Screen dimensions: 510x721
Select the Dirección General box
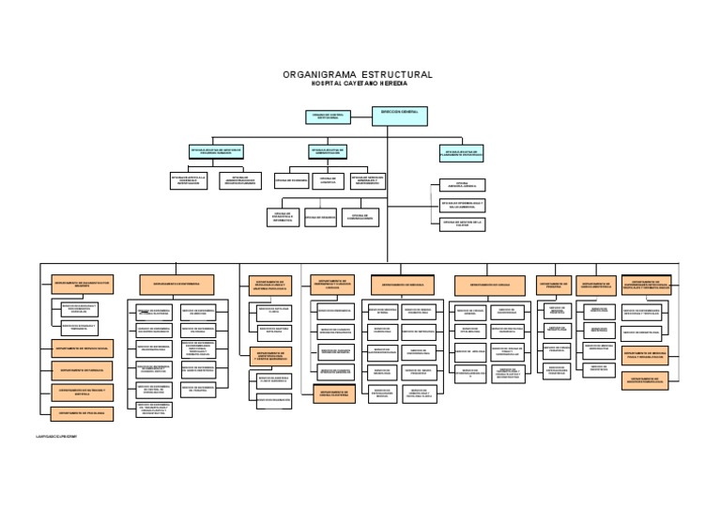(x=397, y=116)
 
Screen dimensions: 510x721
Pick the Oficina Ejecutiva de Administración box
(x=329, y=150)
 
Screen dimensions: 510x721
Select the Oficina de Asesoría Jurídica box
(x=462, y=185)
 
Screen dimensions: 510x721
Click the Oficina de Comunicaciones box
(x=360, y=217)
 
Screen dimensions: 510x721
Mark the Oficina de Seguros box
(x=320, y=217)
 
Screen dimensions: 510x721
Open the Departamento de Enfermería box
(x=177, y=283)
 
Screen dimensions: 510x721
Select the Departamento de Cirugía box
(x=489, y=283)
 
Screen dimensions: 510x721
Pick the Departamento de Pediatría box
(x=553, y=283)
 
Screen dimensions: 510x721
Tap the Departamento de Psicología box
(x=83, y=412)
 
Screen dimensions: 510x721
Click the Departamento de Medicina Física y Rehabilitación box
(x=645, y=356)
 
